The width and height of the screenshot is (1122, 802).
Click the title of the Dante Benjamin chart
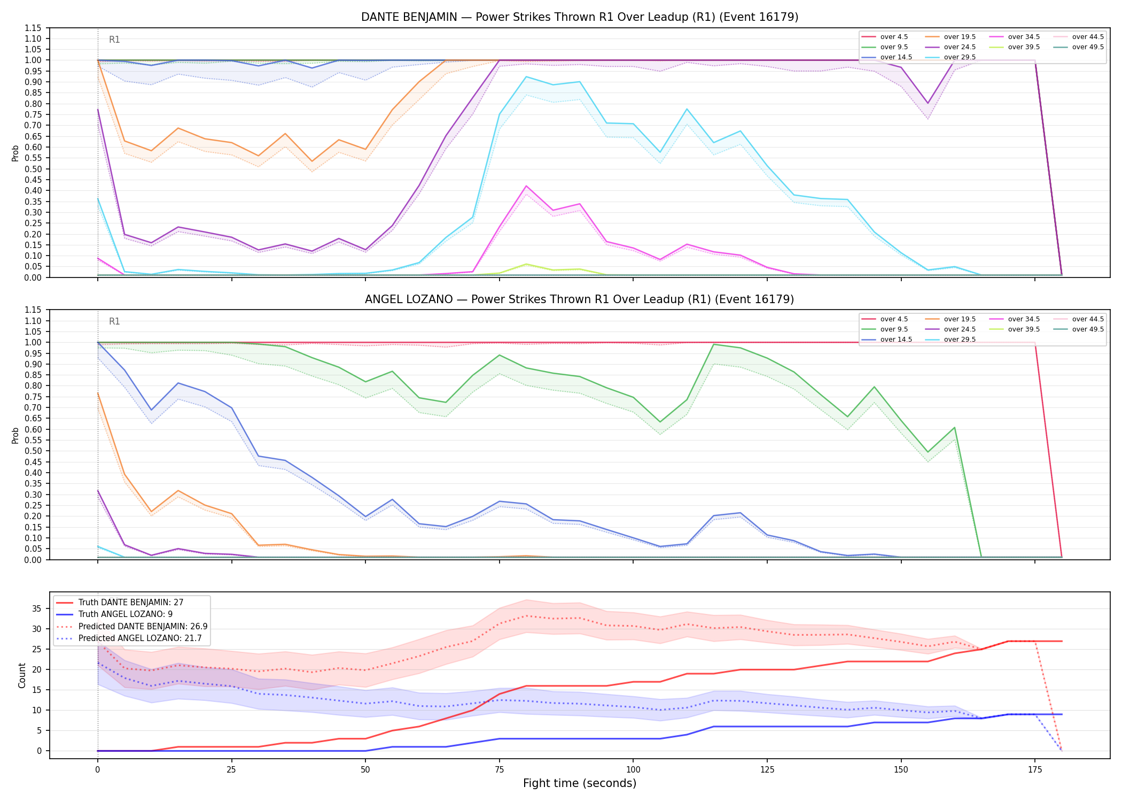580,17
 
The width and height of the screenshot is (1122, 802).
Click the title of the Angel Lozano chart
580,299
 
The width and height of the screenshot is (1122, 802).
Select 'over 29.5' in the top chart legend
960,57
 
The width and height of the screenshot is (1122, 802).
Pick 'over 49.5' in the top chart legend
1088,47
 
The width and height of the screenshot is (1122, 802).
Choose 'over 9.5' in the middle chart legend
894,329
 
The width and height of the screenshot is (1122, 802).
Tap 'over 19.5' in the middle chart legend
960,319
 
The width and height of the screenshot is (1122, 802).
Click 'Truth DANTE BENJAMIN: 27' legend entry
131,603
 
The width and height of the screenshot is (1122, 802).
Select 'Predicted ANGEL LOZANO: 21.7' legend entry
140,638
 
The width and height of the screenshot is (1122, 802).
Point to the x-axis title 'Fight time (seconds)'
580,783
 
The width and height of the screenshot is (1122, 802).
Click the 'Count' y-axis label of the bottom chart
22,675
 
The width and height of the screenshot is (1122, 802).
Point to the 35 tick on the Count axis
38,608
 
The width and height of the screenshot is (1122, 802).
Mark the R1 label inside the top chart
114,40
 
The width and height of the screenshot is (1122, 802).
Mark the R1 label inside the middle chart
114,321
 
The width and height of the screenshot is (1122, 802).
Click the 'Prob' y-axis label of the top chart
15,153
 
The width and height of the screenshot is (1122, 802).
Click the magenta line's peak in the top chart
526,186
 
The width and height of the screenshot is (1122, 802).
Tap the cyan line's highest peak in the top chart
526,76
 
